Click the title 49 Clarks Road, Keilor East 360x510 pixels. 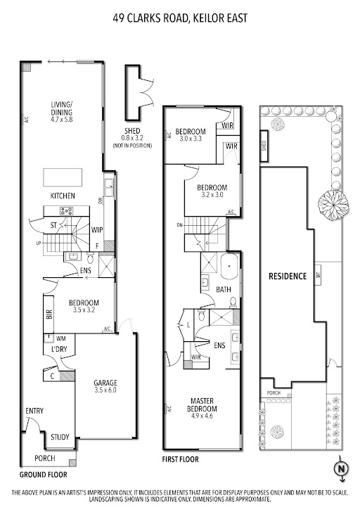click(180, 20)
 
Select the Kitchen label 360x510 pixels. click(63, 195)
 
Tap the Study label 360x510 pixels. click(60, 438)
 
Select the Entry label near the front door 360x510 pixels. click(34, 412)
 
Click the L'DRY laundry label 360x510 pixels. click(59, 350)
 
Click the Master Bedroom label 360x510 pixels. click(202, 405)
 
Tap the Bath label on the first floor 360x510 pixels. click(223, 289)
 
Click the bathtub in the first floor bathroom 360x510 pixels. click(229, 268)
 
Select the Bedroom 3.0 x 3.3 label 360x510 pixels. click(191, 135)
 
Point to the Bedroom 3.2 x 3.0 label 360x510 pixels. click(210, 191)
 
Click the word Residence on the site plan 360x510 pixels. click(288, 276)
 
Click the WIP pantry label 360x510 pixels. click(98, 229)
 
